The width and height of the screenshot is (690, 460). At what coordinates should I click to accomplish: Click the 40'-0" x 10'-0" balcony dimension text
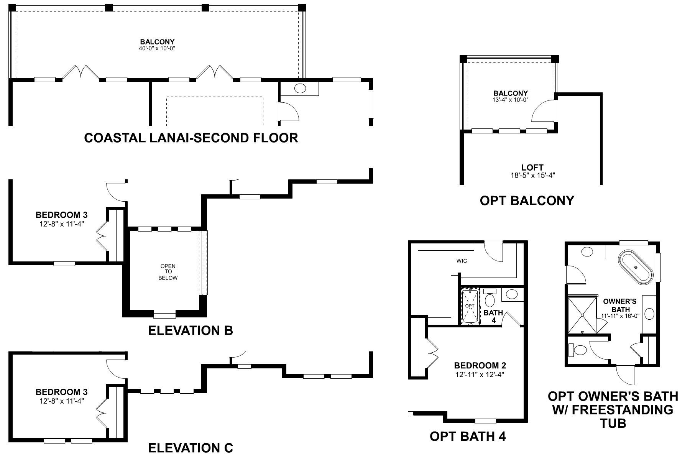pyautogui.click(x=157, y=49)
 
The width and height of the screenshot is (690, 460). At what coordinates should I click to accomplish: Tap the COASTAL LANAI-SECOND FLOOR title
pyautogui.click(x=191, y=138)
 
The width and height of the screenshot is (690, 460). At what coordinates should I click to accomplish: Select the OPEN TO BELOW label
pyautogui.click(x=168, y=272)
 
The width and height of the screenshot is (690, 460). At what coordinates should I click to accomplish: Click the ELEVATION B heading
pyautogui.click(x=191, y=330)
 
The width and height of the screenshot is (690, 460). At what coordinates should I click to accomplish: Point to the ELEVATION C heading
pyautogui.click(x=191, y=448)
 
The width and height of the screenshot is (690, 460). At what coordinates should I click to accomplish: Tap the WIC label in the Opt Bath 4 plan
pyautogui.click(x=462, y=261)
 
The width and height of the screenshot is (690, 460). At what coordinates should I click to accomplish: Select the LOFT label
pyautogui.click(x=532, y=168)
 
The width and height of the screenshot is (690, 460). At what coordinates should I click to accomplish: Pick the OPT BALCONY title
pyautogui.click(x=527, y=200)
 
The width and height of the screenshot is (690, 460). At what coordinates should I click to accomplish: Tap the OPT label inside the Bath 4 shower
pyautogui.click(x=470, y=306)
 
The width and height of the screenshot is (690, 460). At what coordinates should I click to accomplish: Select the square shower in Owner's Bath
pyautogui.click(x=582, y=315)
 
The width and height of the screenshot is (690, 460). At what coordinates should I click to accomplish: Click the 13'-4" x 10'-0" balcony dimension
pyautogui.click(x=511, y=100)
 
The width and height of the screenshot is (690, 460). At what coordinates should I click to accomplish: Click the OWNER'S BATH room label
pyautogui.click(x=619, y=305)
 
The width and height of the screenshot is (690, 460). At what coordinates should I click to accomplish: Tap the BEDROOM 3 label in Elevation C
pyautogui.click(x=61, y=392)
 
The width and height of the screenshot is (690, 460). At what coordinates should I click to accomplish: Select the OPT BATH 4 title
pyautogui.click(x=468, y=436)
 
